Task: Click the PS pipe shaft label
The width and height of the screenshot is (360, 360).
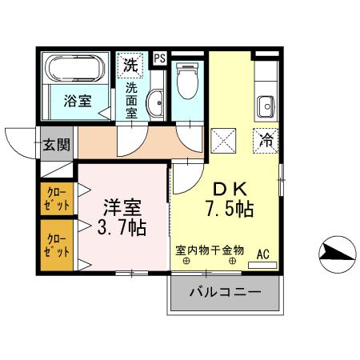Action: point(159,58)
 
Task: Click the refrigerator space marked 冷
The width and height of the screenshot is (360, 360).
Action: point(266,139)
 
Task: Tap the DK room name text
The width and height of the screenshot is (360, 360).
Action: point(228,190)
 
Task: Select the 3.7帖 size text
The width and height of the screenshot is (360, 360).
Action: point(122,228)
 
